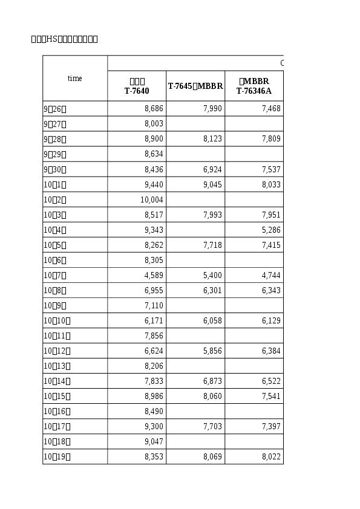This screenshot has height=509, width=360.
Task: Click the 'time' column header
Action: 74,79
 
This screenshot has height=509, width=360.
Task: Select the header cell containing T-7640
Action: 137,86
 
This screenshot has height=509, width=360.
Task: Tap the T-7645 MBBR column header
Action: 195,86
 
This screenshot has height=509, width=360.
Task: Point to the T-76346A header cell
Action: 254,86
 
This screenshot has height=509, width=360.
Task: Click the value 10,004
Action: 152,199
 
